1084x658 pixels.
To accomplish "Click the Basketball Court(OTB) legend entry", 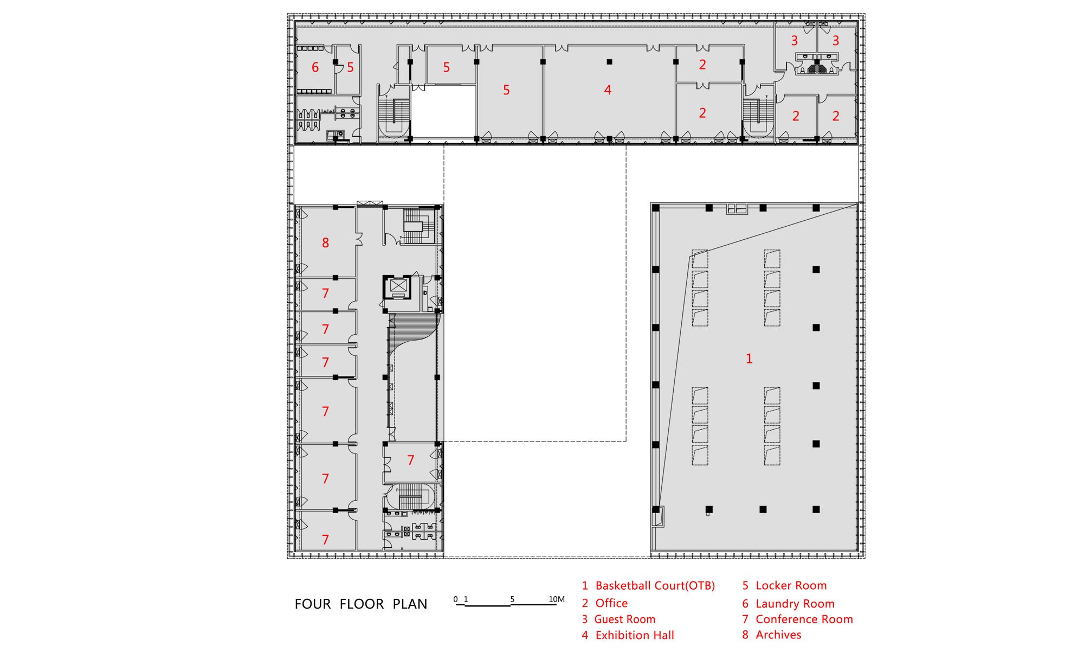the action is click(x=648, y=586).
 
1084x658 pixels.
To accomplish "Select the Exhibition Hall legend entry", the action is click(x=628, y=635).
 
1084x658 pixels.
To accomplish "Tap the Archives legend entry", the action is click(x=772, y=635).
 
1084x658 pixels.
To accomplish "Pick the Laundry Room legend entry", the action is click(x=789, y=604).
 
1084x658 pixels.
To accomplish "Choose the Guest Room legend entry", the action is click(x=618, y=619).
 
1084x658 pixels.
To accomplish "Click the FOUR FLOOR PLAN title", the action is click(x=361, y=604).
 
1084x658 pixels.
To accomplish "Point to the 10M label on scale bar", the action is click(x=557, y=599).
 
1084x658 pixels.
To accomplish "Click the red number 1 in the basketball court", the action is click(x=749, y=359).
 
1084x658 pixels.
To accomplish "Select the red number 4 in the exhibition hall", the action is click(x=608, y=90).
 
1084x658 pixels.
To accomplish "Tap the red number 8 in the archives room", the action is click(x=325, y=243).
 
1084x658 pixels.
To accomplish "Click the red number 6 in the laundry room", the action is click(x=315, y=67).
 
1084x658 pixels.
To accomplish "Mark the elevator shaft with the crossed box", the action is click(x=398, y=286).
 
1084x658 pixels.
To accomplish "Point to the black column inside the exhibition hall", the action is click(x=609, y=62).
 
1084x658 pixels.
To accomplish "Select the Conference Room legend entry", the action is click(x=798, y=619).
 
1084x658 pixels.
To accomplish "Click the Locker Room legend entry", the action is click(x=785, y=586).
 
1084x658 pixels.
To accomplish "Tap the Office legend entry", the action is click(x=605, y=603).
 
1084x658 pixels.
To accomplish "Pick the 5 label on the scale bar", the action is click(x=512, y=599).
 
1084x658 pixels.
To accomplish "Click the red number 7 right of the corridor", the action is click(x=410, y=461).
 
